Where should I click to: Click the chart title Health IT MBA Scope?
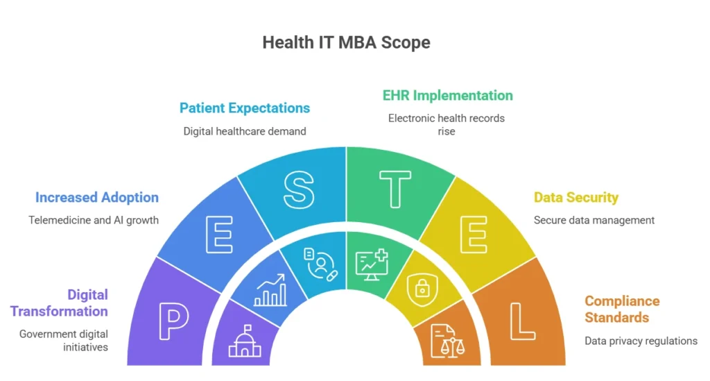[347, 42]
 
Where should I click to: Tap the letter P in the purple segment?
[174, 321]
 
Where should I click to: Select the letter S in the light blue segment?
[299, 191]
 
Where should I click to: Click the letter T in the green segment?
[395, 189]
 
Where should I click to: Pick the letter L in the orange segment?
[523, 321]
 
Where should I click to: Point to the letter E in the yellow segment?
[474, 235]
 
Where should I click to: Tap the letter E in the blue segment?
[219, 235]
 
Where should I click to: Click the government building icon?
[245, 341]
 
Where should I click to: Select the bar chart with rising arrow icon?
[270, 290]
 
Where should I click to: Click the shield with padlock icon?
[422, 289]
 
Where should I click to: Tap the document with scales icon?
[447, 341]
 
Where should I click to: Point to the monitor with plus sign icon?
[372, 264]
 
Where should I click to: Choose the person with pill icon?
[320, 264]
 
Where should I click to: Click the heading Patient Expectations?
[245, 108]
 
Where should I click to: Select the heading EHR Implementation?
[448, 96]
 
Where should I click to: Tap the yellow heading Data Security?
[576, 198]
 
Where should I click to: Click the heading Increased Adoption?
[97, 198]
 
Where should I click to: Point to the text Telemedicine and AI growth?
[94, 220]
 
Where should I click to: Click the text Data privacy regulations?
[641, 341]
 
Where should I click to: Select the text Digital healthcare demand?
[245, 131]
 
